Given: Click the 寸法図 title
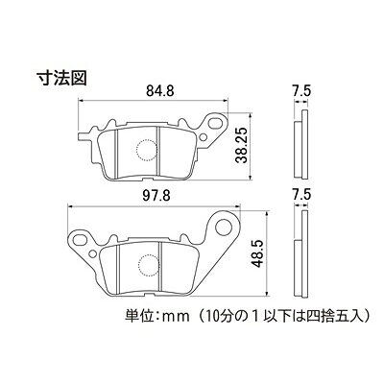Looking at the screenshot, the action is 62,78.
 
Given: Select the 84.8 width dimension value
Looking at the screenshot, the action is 160,91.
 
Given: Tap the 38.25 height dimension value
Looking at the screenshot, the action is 243,145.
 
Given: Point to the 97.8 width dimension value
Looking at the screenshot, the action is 156,196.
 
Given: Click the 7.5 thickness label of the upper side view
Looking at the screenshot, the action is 302,91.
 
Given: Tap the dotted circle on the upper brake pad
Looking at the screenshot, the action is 147,149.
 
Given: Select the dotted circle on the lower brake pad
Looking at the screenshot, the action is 149,265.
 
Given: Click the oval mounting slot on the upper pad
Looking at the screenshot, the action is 216,123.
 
